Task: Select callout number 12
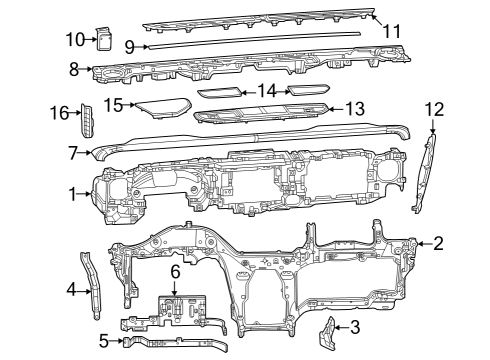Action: click(432, 108)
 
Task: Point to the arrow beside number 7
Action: click(87, 153)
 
